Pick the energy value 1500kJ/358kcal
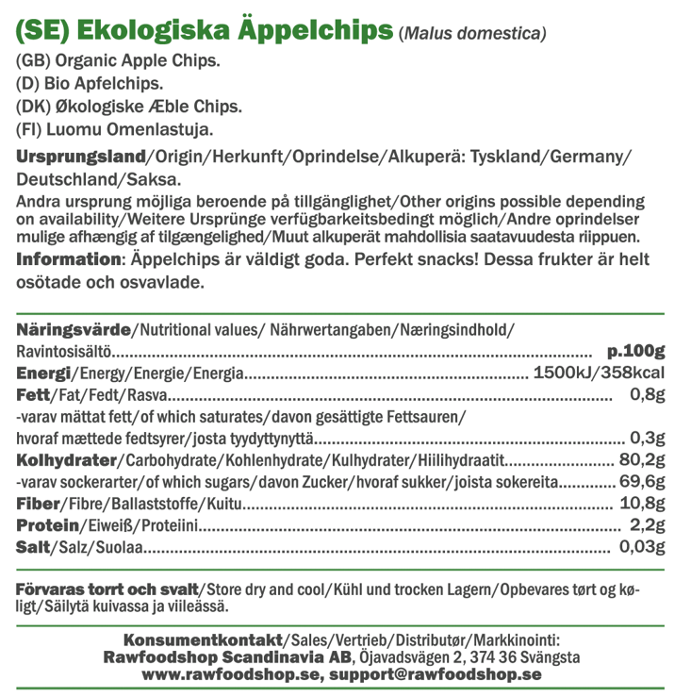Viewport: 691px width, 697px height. (x=600, y=373)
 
